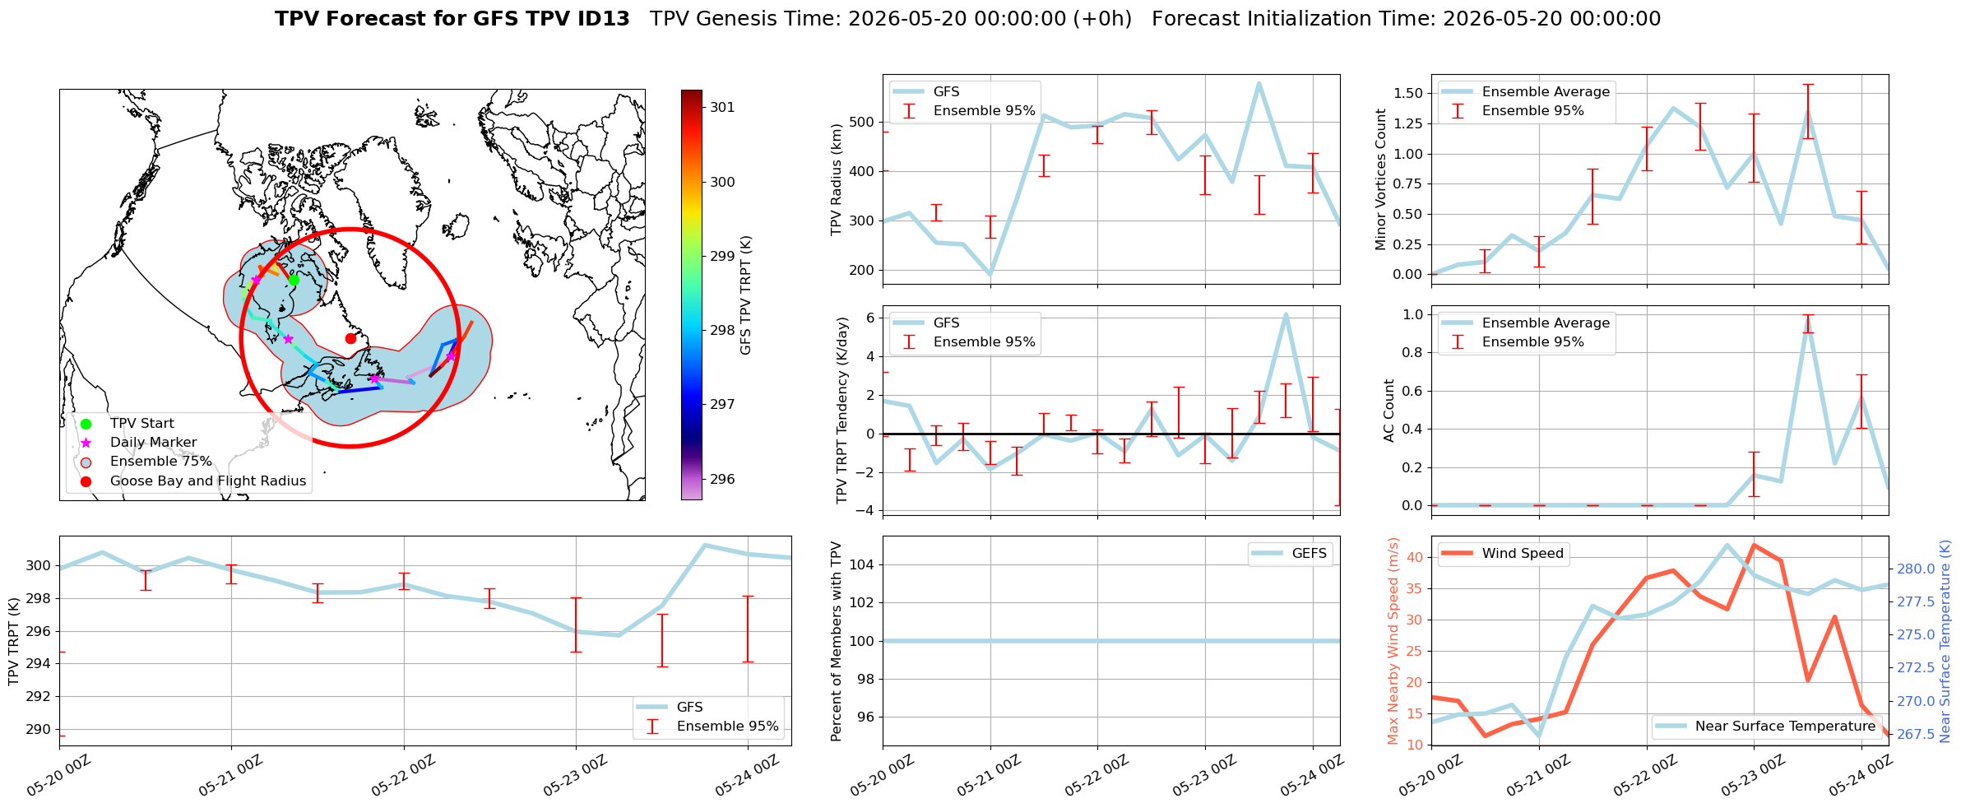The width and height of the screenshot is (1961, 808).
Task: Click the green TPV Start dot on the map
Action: pos(294,280)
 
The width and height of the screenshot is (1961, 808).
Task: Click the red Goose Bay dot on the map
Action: pos(350,338)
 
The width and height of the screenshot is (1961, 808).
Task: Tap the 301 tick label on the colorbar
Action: pos(722,107)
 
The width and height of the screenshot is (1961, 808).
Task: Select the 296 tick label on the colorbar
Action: pos(722,479)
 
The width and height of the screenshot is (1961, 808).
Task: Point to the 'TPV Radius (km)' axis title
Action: pos(837,179)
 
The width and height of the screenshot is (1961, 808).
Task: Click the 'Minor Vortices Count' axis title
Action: pos(1380,179)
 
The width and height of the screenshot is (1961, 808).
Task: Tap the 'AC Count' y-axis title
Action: pos(1389,411)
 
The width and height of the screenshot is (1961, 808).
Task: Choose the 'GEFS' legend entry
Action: pos(1290,553)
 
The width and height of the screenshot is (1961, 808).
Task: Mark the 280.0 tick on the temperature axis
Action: pos(1916,569)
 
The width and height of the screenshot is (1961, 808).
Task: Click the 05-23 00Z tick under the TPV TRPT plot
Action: pos(575,776)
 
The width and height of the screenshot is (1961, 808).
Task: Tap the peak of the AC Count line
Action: pos(1808,323)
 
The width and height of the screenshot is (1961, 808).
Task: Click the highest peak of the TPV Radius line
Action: pos(1259,83)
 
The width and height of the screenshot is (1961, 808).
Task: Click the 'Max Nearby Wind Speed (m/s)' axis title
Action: pos(1393,641)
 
